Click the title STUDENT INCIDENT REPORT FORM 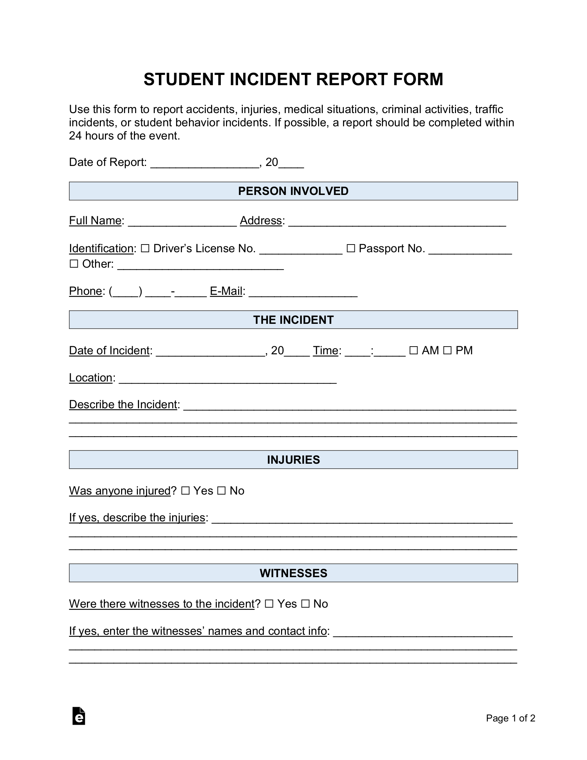(293, 79)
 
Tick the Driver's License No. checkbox (145, 249)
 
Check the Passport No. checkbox (351, 249)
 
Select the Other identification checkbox (74, 264)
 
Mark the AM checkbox (413, 351)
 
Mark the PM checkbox (447, 351)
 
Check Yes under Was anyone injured (185, 491)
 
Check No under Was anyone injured (221, 491)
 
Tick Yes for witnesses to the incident (269, 604)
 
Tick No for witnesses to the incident (305, 604)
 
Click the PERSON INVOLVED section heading (293, 191)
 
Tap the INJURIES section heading (293, 460)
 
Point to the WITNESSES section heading (293, 573)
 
